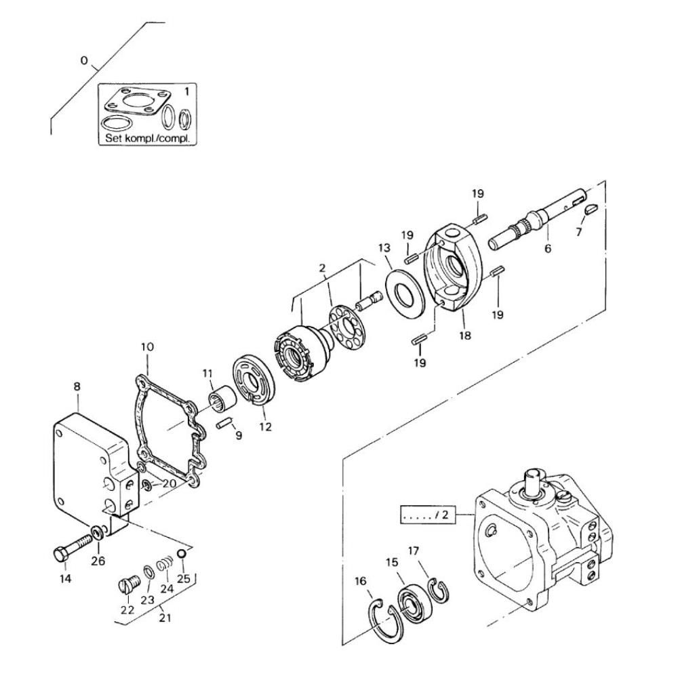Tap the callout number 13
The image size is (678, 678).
pyautogui.click(x=384, y=247)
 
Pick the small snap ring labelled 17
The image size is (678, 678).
pyautogui.click(x=438, y=589)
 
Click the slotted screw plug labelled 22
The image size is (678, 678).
pyautogui.click(x=128, y=586)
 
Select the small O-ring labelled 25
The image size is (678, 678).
pyautogui.click(x=182, y=554)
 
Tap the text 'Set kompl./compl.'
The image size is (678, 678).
pyautogui.click(x=147, y=139)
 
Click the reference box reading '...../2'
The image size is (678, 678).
pyautogui.click(x=428, y=515)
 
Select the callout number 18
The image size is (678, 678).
pyautogui.click(x=465, y=335)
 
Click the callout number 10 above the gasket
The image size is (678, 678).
pyautogui.click(x=147, y=346)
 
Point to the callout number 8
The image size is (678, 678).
pyautogui.click(x=77, y=386)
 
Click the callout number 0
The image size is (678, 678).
pyautogui.click(x=84, y=60)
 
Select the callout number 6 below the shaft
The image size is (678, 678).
pyautogui.click(x=547, y=248)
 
